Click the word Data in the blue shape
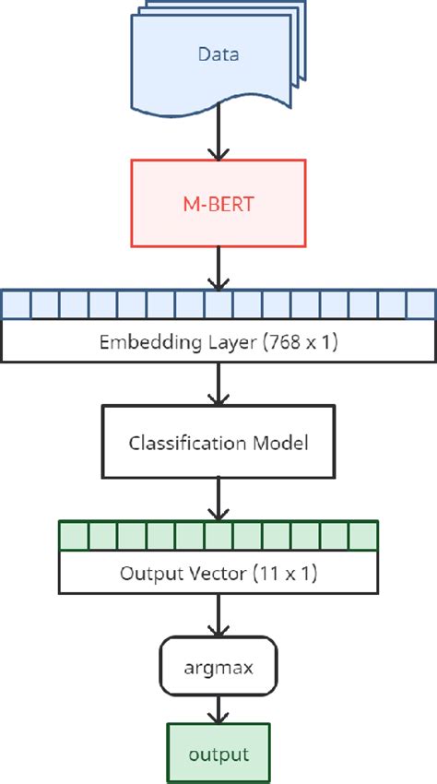(x=218, y=54)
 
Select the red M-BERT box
(x=218, y=202)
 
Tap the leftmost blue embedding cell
(x=16, y=303)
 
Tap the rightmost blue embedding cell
(x=421, y=303)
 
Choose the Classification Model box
(x=218, y=442)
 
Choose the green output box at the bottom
(x=218, y=754)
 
